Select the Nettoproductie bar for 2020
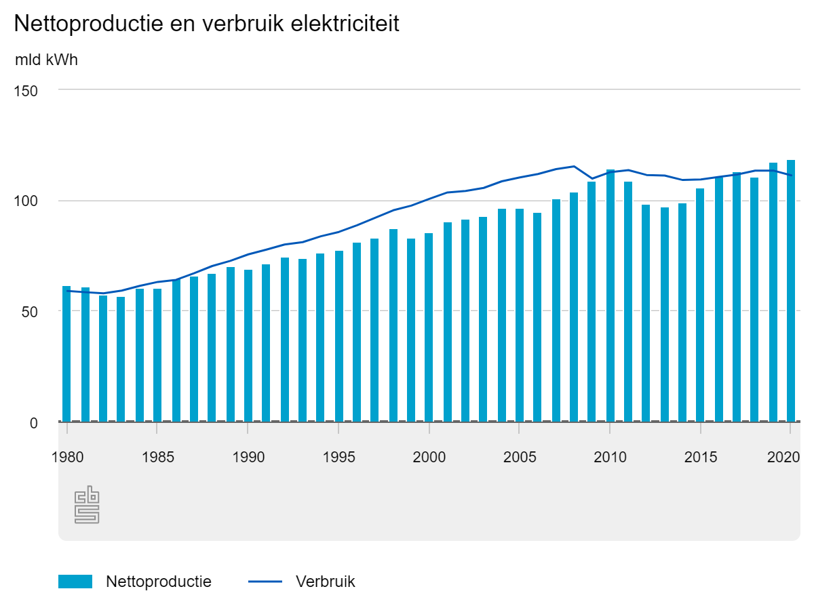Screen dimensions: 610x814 pos(791,291)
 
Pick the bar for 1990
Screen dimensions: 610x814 pos(248,346)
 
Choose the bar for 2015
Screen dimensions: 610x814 pos(700,305)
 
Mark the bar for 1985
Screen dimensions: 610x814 pos(157,355)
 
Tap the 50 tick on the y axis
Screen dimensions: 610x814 pos(30,311)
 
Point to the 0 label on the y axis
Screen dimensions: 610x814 pos(34,422)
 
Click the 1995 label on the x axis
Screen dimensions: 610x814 pos(338,457)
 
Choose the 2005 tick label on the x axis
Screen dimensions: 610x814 pos(519,457)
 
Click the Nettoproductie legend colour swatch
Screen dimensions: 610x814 pos(75,582)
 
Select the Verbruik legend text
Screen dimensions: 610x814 pos(325,582)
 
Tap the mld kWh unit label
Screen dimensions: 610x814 pos(46,60)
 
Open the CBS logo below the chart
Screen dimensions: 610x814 pos(87,505)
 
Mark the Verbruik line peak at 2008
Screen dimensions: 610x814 pos(574,166)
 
